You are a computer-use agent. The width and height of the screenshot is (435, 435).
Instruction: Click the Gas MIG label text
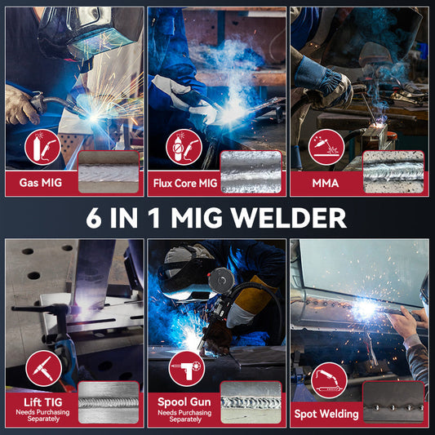pos(41,183)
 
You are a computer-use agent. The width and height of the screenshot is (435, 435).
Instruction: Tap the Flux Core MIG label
pos(185,183)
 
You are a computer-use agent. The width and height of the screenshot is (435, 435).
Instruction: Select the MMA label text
pos(326,183)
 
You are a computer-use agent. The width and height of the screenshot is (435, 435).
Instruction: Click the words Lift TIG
pos(43,402)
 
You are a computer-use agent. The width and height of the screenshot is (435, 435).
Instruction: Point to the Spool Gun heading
pos(184,402)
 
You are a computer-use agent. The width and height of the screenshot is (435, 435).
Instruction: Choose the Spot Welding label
pos(326,414)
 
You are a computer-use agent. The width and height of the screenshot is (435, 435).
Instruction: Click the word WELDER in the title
pos(289,218)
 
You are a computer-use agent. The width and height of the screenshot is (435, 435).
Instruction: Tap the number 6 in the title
pos(94,218)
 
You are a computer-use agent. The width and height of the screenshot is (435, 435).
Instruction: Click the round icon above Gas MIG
pos(42,147)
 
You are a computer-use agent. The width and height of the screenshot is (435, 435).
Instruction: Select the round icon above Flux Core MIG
pos(184,147)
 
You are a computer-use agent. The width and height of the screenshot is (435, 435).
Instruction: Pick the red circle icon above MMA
pos(326,147)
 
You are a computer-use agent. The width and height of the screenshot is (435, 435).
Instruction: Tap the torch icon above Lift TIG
pos(43,368)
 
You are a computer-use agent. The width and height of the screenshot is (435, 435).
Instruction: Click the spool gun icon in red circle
pos(186,368)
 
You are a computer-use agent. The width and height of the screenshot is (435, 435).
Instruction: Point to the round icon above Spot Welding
pos(329,380)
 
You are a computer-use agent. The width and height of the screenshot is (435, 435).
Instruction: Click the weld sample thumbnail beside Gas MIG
pos(109,172)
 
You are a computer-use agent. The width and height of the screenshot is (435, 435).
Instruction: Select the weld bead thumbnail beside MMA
pos(393,172)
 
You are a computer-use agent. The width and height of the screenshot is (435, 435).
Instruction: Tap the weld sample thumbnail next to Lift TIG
pos(109,402)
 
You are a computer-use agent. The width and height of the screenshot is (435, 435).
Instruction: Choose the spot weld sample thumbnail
pos(393,402)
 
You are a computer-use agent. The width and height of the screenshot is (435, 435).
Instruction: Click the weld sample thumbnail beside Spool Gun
pos(251,402)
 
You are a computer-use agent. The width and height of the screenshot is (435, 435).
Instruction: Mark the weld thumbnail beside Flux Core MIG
pos(251,172)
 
